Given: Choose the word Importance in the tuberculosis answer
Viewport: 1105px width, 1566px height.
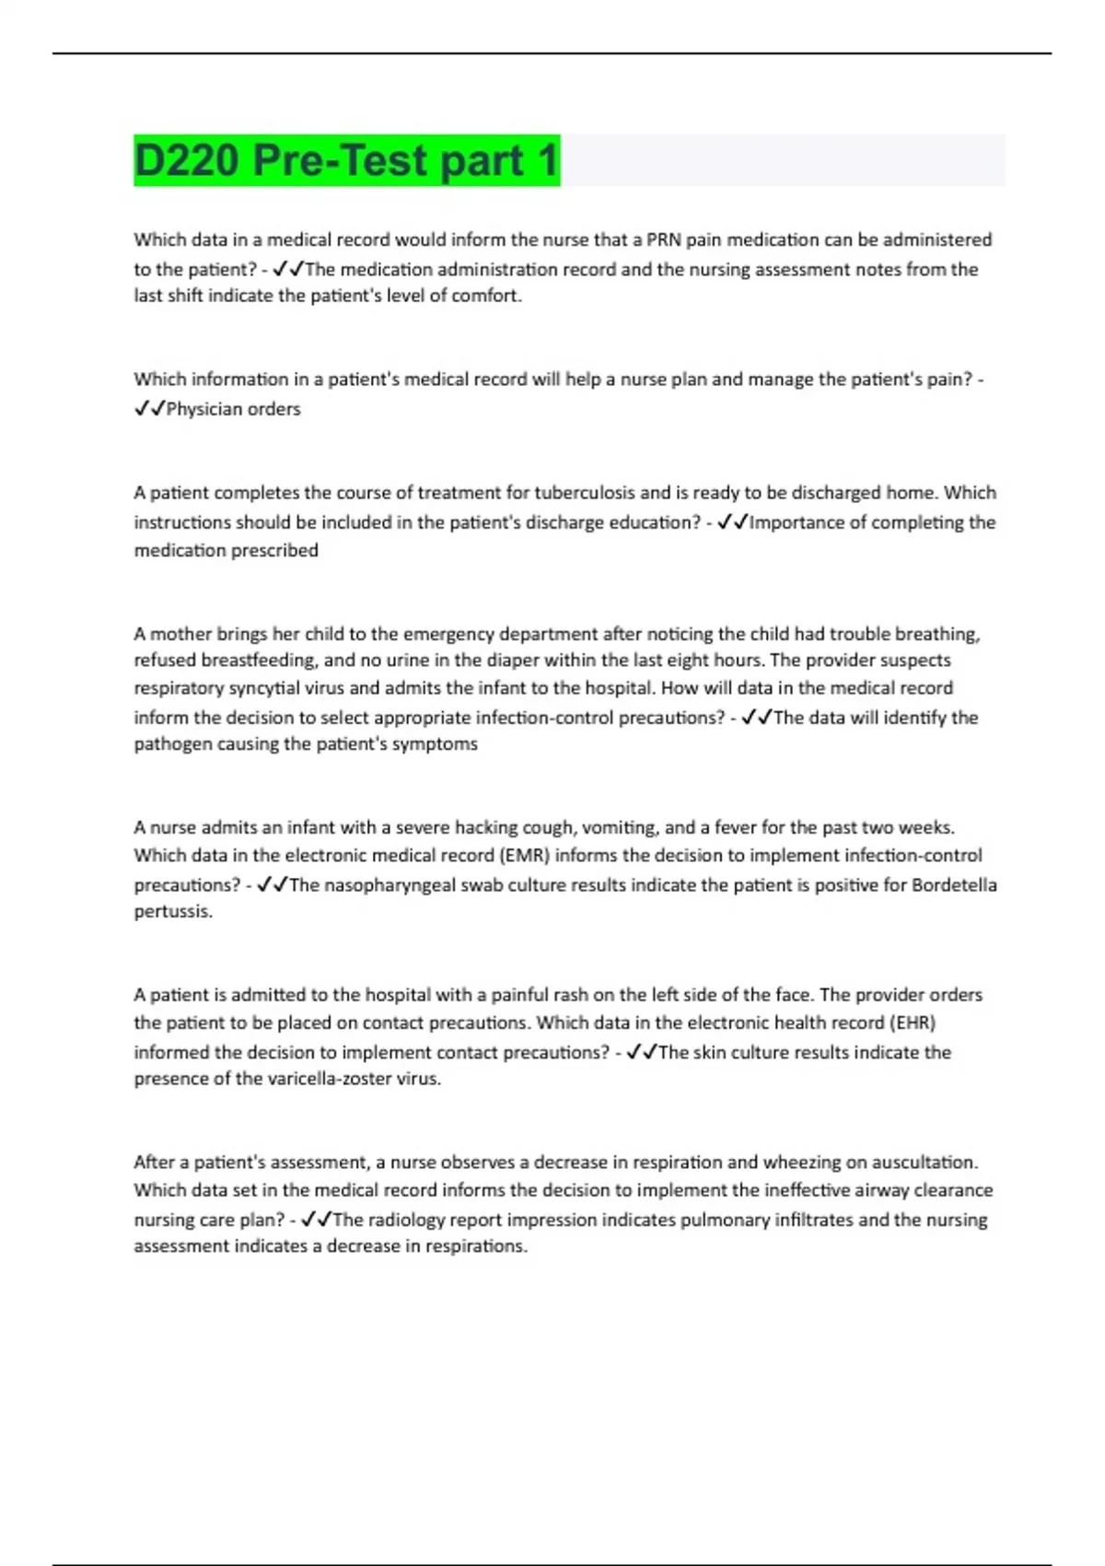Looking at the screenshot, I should [x=791, y=522].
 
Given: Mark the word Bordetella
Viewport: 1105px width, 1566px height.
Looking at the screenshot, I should [x=954, y=885].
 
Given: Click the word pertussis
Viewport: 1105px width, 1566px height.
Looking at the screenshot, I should [x=172, y=912].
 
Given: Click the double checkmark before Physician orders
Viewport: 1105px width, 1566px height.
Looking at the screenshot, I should [x=148, y=409].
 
